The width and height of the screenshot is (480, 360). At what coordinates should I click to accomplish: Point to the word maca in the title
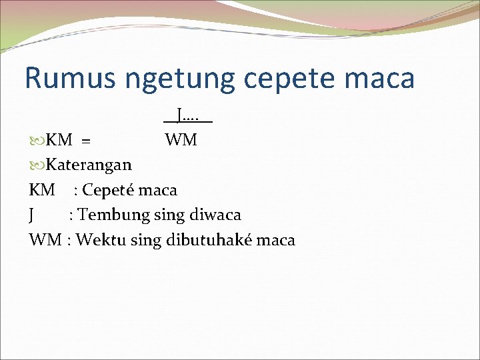[382, 78]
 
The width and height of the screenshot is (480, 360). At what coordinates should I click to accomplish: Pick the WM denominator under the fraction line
[181, 140]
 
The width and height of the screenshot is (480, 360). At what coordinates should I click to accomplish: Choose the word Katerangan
[89, 165]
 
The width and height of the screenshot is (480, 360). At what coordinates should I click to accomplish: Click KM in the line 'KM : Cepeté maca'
[42, 190]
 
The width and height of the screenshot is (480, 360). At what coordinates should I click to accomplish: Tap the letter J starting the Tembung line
[32, 215]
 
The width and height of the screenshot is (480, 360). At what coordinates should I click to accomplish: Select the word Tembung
[109, 215]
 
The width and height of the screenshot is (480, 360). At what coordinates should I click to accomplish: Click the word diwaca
[213, 215]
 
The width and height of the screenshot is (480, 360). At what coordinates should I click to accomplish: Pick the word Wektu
[98, 240]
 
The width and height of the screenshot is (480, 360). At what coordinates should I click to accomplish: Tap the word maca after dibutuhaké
[275, 240]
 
